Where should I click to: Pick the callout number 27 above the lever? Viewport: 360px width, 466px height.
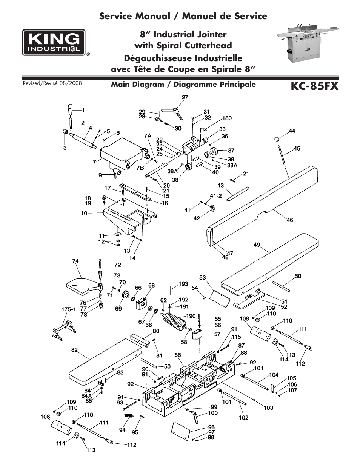[x=185, y=97]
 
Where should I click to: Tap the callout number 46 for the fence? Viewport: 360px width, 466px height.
[x=289, y=220]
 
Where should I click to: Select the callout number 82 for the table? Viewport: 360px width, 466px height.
[x=74, y=350]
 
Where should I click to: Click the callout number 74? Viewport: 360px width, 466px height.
[x=75, y=261]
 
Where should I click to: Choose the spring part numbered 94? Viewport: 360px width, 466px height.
[x=129, y=416]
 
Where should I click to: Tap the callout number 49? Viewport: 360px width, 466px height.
[x=257, y=245]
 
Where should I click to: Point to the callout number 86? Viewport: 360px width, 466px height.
[x=178, y=355]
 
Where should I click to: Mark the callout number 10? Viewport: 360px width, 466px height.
[x=84, y=213]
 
